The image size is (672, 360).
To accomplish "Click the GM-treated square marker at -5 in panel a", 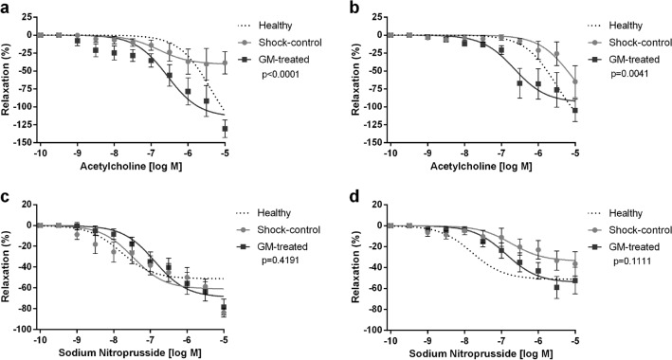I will click(x=225, y=129).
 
